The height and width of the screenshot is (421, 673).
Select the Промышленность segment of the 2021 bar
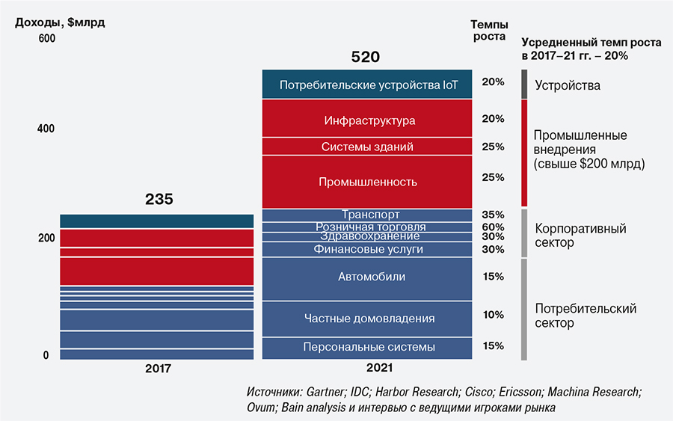click(x=367, y=182)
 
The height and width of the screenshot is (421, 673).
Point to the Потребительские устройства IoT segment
click(x=367, y=84)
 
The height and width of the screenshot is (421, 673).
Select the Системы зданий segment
click(x=367, y=147)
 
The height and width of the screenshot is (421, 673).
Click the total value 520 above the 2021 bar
click(x=366, y=57)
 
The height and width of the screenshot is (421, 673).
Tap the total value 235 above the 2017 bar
click(x=159, y=200)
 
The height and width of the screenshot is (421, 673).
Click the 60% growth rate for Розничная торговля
click(x=493, y=227)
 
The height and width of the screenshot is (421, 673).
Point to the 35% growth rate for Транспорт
click(x=493, y=214)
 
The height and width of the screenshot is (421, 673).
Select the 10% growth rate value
click(x=493, y=315)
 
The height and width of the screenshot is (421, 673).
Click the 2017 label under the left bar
click(x=158, y=369)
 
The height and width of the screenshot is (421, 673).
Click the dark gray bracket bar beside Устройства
click(x=525, y=84)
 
